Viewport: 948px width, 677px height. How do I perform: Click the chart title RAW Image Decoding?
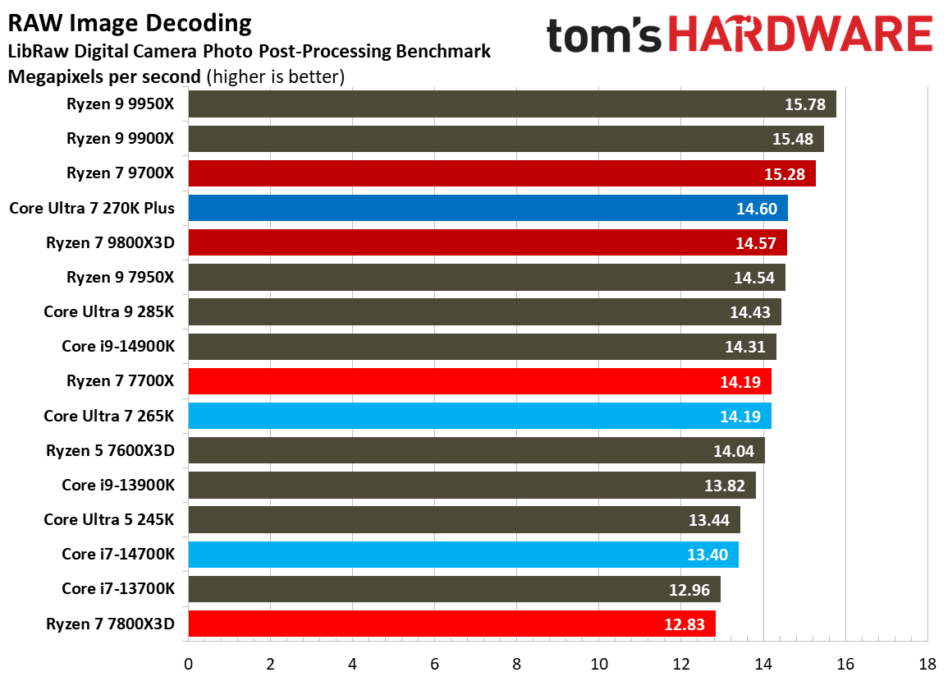[130, 22]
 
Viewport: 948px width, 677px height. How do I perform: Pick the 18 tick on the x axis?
[927, 664]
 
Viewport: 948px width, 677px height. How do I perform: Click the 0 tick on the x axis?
[189, 664]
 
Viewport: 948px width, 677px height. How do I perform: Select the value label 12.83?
[685, 624]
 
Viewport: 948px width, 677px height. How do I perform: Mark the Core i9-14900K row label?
[118, 347]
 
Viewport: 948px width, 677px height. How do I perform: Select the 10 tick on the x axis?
[599, 664]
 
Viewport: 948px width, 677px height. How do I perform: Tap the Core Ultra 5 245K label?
[109, 519]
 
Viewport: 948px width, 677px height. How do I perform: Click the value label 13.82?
[725, 486]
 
